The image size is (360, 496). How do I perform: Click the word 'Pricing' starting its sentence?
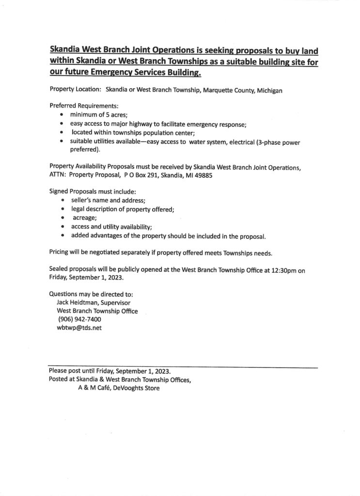[x=60, y=253]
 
